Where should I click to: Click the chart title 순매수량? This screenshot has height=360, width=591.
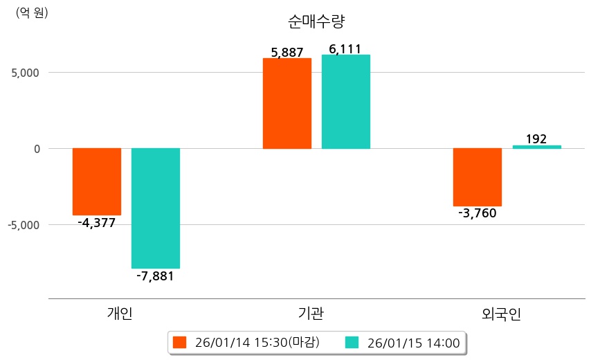(316, 21)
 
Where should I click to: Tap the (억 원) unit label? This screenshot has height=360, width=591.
(32, 12)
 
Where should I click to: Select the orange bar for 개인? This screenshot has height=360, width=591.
(97, 181)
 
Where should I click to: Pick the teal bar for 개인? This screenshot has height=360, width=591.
(156, 208)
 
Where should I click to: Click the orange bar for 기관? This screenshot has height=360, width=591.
(287, 103)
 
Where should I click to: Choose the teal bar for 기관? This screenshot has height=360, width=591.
(346, 102)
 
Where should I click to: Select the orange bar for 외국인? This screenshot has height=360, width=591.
(478, 177)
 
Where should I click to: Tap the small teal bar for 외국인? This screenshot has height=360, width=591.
(536, 147)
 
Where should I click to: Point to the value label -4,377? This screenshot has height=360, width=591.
(97, 223)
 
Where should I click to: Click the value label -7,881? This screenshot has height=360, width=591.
(155, 276)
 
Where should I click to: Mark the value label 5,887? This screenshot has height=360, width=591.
(287, 52)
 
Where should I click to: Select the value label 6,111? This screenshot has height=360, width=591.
(345, 48)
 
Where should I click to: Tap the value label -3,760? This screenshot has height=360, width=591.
(478, 213)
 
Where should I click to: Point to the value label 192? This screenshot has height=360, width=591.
(536, 139)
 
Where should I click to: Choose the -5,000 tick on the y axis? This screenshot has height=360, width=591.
(24, 225)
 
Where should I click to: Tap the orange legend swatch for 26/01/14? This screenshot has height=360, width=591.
(180, 342)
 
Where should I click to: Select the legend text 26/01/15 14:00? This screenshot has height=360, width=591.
(413, 342)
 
